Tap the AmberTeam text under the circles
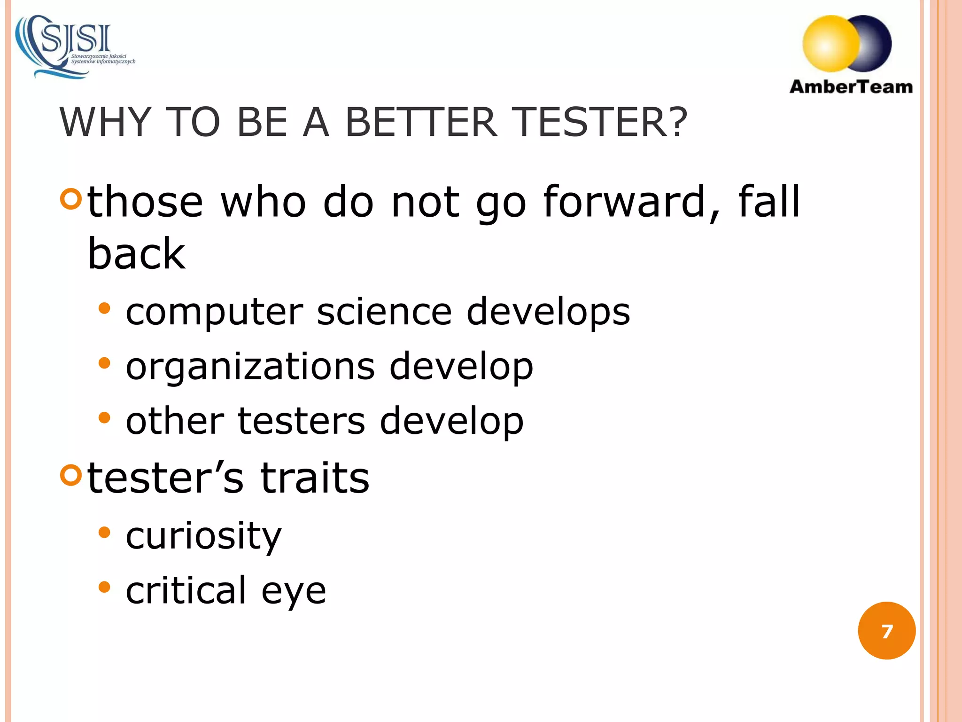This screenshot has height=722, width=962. click(x=851, y=87)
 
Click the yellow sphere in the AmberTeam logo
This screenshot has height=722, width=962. click(x=830, y=44)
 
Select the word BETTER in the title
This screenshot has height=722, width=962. click(x=421, y=122)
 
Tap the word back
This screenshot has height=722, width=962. click(x=137, y=254)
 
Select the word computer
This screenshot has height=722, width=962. click(x=214, y=313)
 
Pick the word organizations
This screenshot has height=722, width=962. click(x=250, y=367)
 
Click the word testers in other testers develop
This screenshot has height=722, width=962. click(x=301, y=421)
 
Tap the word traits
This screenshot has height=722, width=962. click(x=315, y=478)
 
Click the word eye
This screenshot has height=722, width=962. click(x=294, y=591)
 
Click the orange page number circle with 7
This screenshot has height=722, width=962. click(x=886, y=630)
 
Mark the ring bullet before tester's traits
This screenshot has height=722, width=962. click(x=71, y=475)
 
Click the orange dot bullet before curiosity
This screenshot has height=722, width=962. click(x=104, y=533)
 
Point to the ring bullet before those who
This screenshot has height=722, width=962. click(x=71, y=199)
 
